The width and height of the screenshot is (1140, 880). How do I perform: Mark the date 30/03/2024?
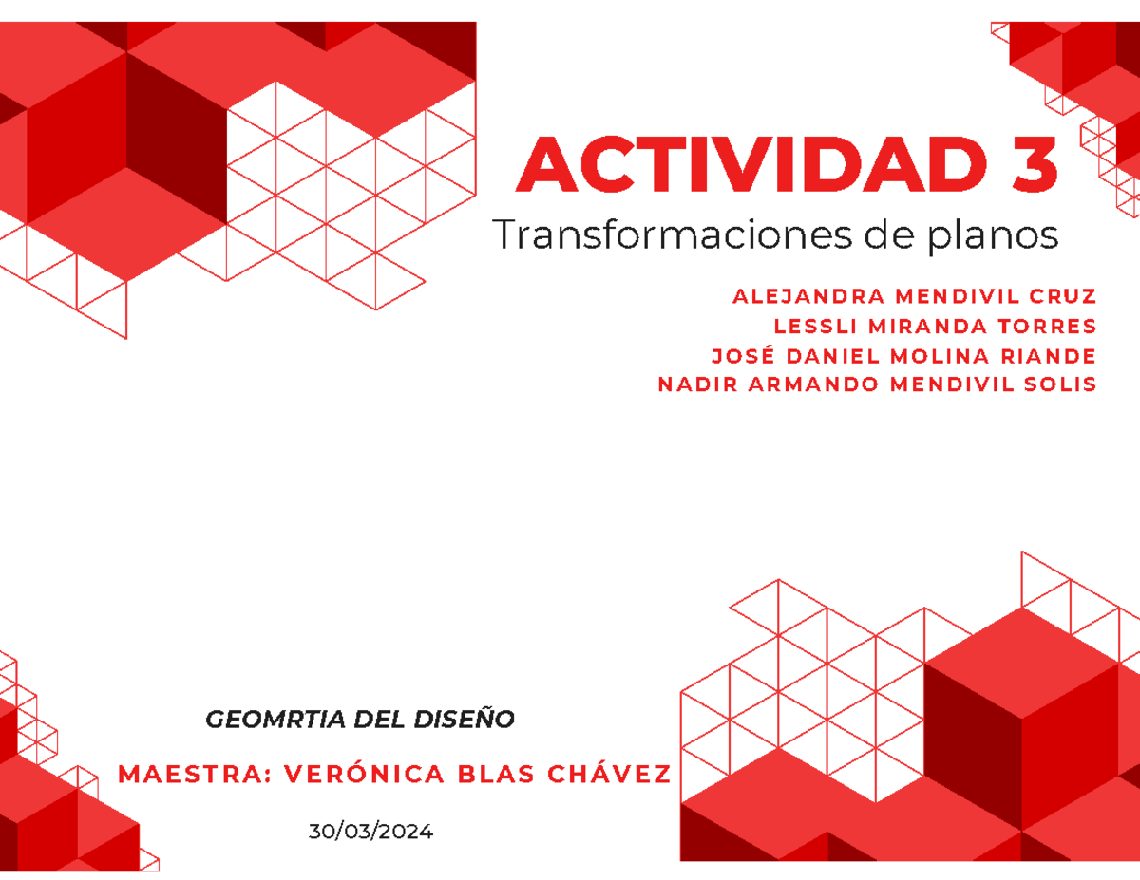tap(370, 833)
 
